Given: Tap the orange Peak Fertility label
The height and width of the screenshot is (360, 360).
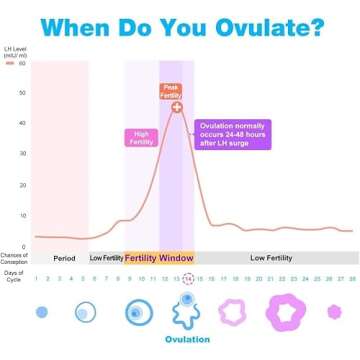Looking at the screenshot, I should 171,91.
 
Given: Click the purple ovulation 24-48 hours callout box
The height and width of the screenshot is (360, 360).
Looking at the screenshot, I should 234,134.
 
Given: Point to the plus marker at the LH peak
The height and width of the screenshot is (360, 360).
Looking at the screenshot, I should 177,107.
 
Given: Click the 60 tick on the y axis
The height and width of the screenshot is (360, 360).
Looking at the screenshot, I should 22,63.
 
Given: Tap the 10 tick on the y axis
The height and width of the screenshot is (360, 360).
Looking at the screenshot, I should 22,216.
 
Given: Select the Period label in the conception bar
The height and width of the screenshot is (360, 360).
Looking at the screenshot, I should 64,257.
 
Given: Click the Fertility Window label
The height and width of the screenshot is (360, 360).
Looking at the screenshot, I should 159,257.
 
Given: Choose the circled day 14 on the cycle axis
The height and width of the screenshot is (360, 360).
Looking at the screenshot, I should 187,278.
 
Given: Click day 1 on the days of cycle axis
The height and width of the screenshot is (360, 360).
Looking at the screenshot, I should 36,278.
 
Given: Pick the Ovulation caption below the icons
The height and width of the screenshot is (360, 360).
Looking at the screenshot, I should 187,339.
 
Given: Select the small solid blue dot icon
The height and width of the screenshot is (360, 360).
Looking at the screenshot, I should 41,312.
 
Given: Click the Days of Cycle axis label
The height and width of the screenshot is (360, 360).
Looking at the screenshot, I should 13,277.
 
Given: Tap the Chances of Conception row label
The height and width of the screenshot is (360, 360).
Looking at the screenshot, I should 14,257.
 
